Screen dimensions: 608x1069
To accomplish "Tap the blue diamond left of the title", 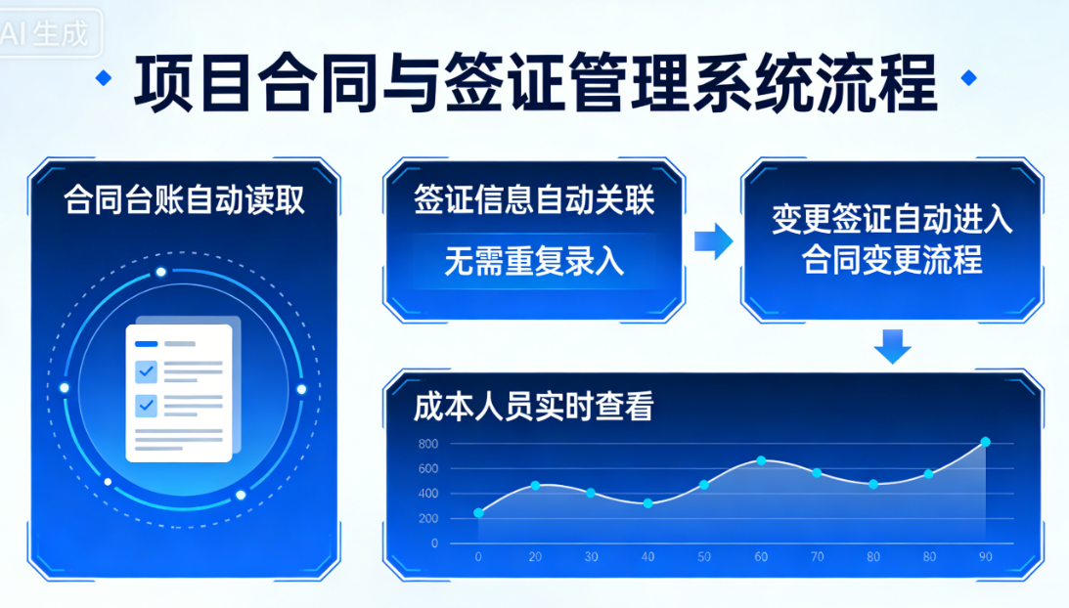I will pyautogui.click(x=103, y=78).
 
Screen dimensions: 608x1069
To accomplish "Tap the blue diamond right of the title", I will pyautogui.click(x=968, y=78).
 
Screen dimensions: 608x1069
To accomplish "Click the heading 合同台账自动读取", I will pyautogui.click(x=184, y=200).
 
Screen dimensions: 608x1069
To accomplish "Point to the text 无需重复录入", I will pyautogui.click(x=533, y=261).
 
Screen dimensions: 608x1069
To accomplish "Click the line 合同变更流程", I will pyautogui.click(x=891, y=261).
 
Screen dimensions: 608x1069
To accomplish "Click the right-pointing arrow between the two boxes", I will pyautogui.click(x=713, y=241).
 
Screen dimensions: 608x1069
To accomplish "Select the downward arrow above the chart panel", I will pyautogui.click(x=891, y=345).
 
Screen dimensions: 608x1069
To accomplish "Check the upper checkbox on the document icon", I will pyautogui.click(x=146, y=370).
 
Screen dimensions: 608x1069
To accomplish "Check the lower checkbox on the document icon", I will pyautogui.click(x=146, y=404).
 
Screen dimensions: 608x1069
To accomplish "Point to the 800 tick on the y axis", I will pyautogui.click(x=427, y=444).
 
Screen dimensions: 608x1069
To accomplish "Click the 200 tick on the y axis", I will pyautogui.click(x=427, y=518).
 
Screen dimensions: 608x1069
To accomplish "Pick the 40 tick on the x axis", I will pyautogui.click(x=647, y=557).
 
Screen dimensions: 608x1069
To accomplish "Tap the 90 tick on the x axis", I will pyautogui.click(x=985, y=557).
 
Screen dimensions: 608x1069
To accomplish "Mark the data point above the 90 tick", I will pyautogui.click(x=985, y=442).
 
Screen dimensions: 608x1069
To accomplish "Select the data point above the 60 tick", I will pyautogui.click(x=761, y=460).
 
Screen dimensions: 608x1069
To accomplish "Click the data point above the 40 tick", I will pyautogui.click(x=647, y=503).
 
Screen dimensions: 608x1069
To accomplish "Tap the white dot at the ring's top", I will pyautogui.click(x=160, y=272).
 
